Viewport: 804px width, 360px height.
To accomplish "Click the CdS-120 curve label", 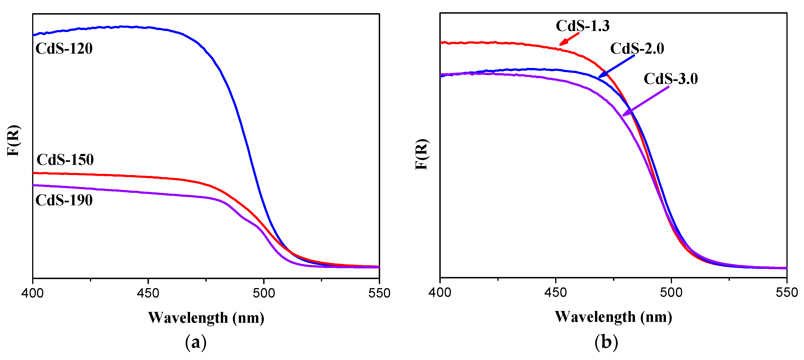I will point(64,49).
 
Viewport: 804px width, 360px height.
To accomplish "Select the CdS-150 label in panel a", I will point(65,160).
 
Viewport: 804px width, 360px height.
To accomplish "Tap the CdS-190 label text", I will point(64,200).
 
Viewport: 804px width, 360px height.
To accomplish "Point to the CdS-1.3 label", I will point(582,26).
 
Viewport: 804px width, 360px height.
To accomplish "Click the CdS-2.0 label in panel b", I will point(637,49).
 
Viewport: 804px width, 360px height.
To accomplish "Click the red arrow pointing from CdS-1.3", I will point(569,39).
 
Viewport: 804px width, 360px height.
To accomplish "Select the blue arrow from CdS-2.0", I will point(616,66).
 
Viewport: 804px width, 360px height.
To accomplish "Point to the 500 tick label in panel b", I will point(671,293).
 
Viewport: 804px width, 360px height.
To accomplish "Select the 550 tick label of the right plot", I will point(786,293).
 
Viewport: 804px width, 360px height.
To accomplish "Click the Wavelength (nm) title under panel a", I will point(206,318).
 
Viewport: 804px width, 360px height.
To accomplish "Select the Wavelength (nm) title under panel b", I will point(613,317).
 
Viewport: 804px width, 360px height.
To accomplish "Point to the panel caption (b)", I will point(606,342).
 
